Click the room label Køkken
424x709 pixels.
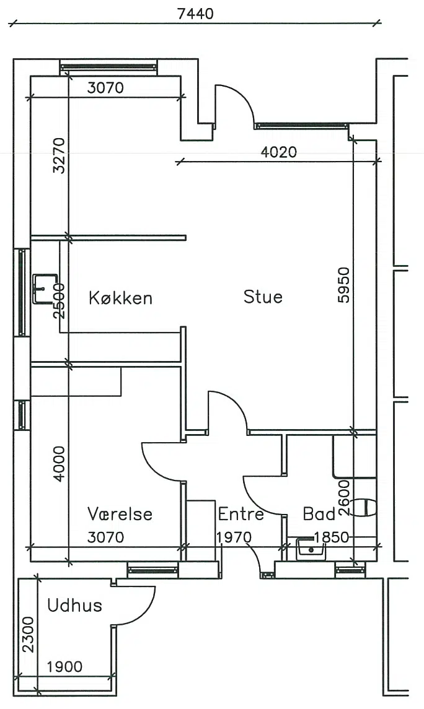(x=120, y=298)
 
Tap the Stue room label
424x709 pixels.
(x=263, y=297)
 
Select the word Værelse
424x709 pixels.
(x=120, y=514)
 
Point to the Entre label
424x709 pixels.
(x=241, y=514)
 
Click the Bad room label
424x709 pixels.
(x=319, y=514)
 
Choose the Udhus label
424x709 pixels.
(x=74, y=606)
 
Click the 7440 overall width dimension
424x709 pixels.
(x=195, y=14)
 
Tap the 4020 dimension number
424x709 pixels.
(x=279, y=152)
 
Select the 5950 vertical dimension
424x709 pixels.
(x=344, y=285)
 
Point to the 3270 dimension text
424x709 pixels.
(x=59, y=155)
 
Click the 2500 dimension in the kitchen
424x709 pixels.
(x=60, y=301)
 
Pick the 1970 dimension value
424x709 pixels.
(x=234, y=537)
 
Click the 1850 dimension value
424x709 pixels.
(x=332, y=537)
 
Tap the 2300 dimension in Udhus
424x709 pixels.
(x=28, y=635)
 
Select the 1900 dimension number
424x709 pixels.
(x=64, y=666)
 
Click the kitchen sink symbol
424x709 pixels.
(x=45, y=288)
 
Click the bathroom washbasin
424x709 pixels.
(x=311, y=549)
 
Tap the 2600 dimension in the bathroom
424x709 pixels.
(x=344, y=498)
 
